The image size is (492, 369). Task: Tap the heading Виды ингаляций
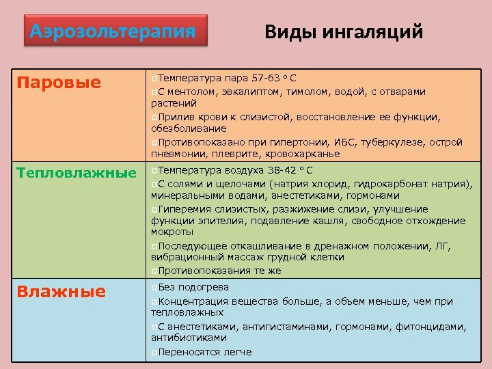tap(344, 31)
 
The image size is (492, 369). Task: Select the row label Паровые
tap(59, 83)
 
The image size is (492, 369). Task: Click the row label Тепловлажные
tap(77, 173)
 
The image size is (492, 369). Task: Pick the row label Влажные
tap(61, 292)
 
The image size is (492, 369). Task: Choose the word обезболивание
tap(189, 129)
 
